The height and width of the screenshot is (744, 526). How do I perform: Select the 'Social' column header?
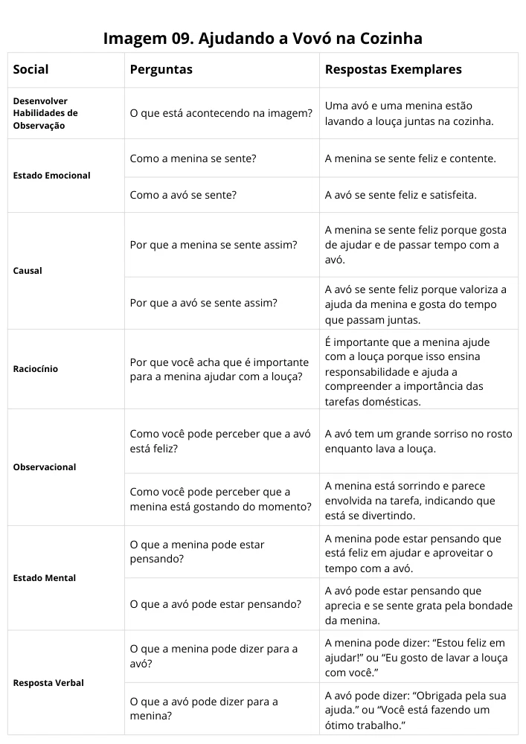pyautogui.click(x=31, y=70)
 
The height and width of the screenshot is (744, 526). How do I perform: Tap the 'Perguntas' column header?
pyautogui.click(x=161, y=70)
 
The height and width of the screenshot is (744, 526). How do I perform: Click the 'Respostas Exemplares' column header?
pyautogui.click(x=393, y=70)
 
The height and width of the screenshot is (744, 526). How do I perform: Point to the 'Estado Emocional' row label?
pyautogui.click(x=52, y=176)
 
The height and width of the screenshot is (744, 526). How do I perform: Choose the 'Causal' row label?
pyautogui.click(x=28, y=271)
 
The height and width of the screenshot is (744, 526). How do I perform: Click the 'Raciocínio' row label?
pyautogui.click(x=36, y=369)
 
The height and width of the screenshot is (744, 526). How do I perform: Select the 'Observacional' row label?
pyautogui.click(x=45, y=467)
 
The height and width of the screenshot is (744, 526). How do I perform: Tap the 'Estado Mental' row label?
pyautogui.click(x=45, y=578)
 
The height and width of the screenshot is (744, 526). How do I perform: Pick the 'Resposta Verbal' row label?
pyautogui.click(x=48, y=683)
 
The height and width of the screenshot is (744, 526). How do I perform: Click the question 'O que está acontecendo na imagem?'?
pyautogui.click(x=220, y=113)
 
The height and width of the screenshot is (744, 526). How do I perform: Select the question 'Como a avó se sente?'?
pyautogui.click(x=183, y=196)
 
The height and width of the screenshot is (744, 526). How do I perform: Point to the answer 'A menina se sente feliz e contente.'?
pyautogui.click(x=410, y=158)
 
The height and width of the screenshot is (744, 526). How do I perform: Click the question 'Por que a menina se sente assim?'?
pyautogui.click(x=214, y=245)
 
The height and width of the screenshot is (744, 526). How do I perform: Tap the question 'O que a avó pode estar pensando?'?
pyautogui.click(x=215, y=604)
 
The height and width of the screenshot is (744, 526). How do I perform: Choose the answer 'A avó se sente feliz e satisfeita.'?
pyautogui.click(x=400, y=196)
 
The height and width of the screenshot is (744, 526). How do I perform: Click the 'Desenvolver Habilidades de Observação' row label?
pyautogui.click(x=45, y=113)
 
